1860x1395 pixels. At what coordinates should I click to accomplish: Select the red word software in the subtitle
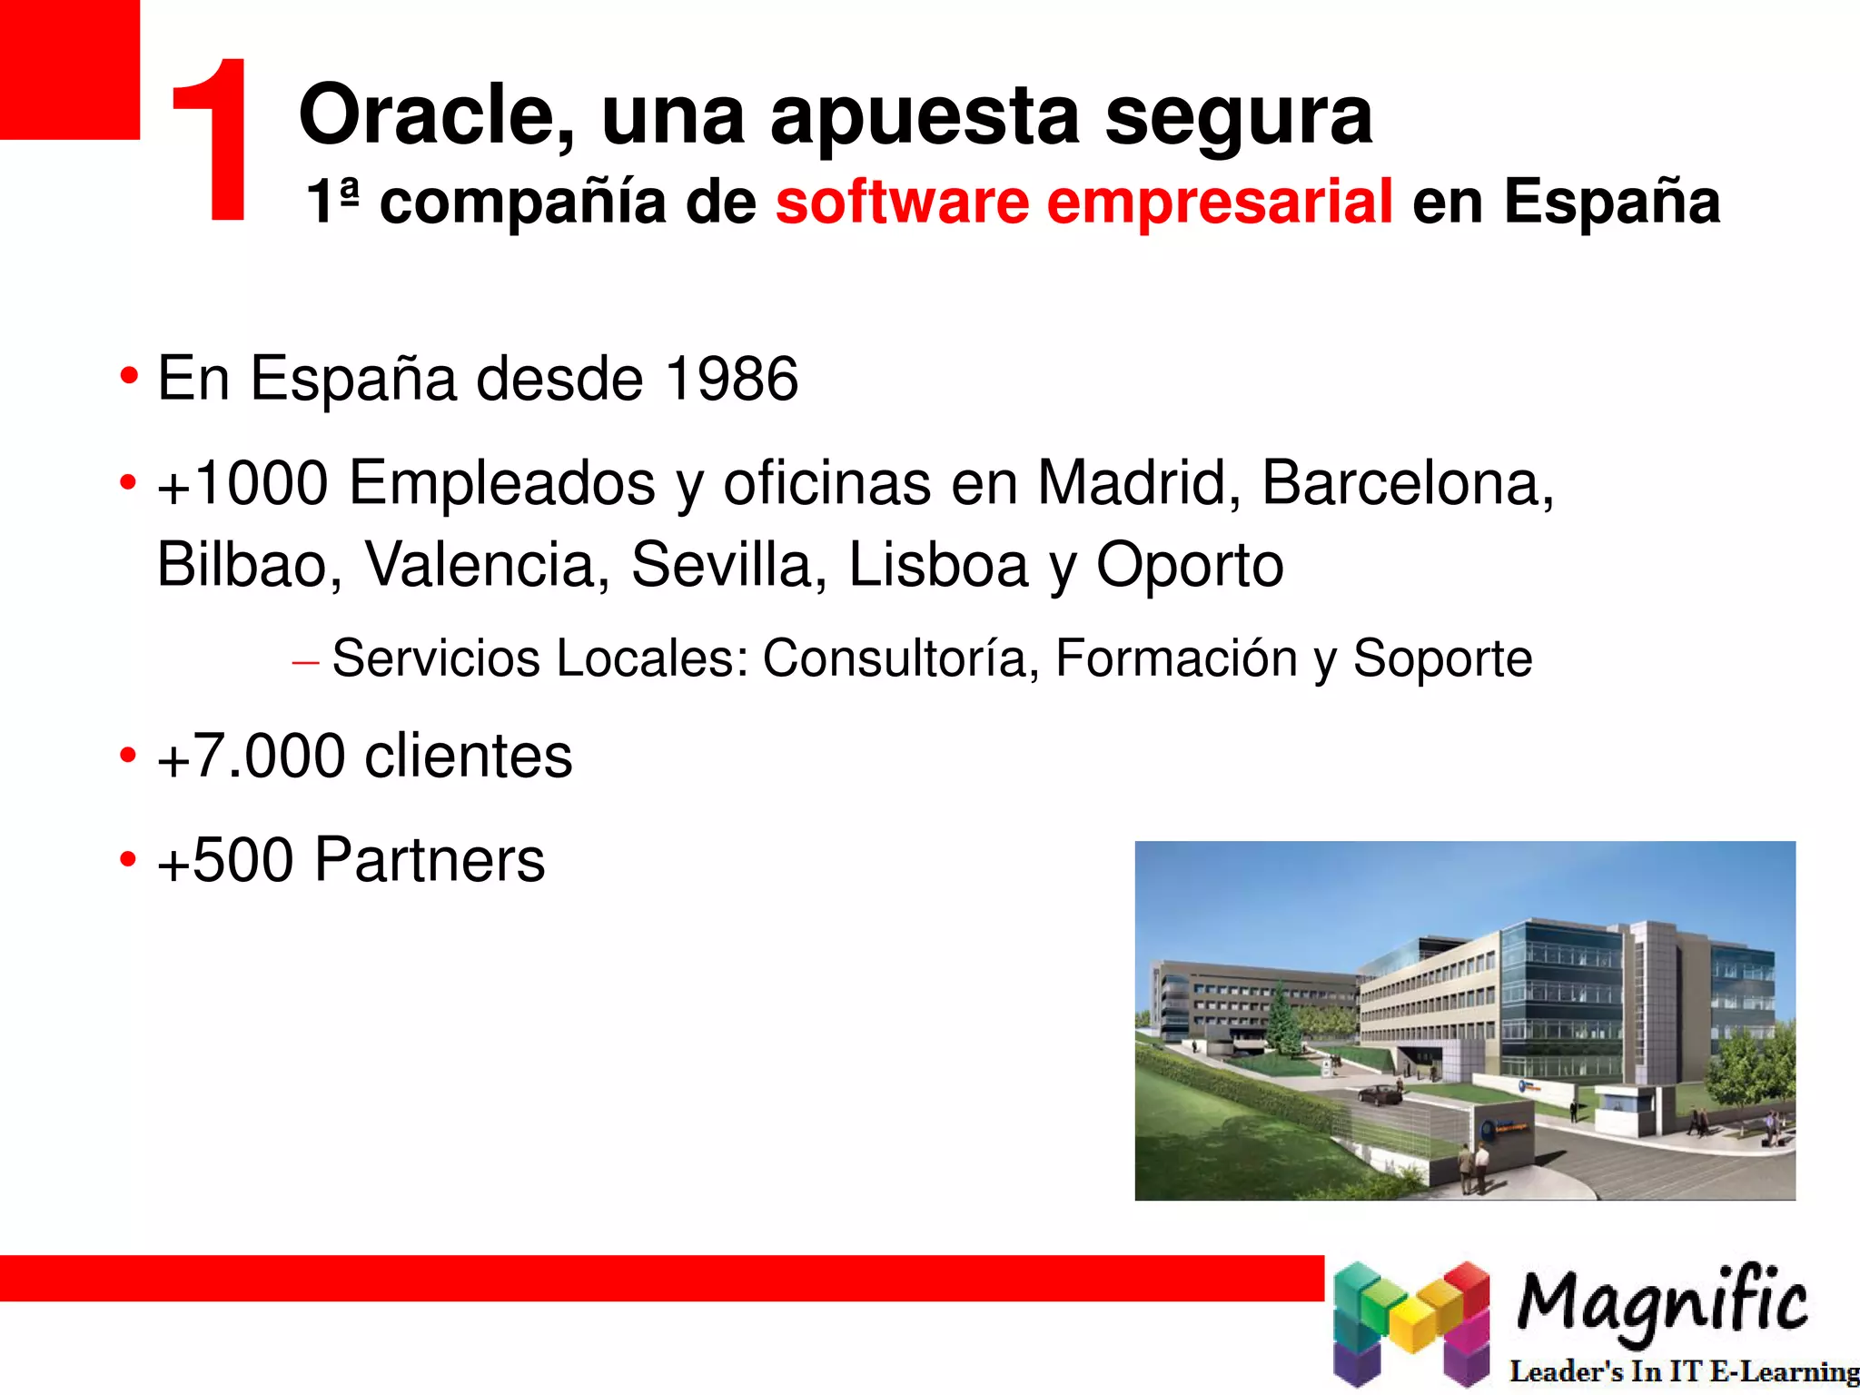coord(901,201)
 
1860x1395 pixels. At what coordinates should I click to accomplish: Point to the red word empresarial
coord(1220,203)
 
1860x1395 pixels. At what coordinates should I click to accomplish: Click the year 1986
coord(731,379)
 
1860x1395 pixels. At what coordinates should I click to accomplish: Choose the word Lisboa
coord(938,565)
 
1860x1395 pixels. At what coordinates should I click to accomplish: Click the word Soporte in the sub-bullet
coord(1442,659)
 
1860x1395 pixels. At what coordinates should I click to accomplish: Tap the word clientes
coord(468,756)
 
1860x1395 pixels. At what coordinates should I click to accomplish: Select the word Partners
coord(429,859)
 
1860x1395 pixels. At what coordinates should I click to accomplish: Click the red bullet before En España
coord(128,375)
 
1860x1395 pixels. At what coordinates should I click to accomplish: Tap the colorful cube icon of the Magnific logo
coord(1410,1322)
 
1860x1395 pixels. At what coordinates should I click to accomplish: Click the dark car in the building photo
coord(1380,1094)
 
